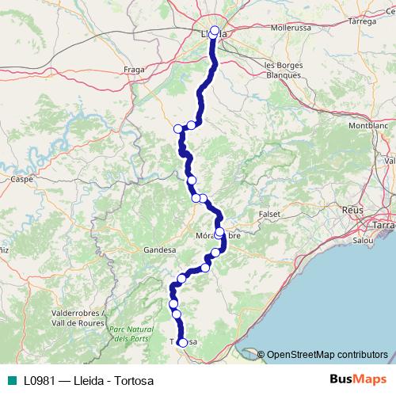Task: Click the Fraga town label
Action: (x=132, y=69)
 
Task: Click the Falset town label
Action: (x=270, y=215)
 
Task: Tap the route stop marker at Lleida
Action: (x=215, y=31)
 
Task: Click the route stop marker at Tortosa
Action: (x=183, y=343)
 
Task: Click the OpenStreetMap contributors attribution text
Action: (x=327, y=354)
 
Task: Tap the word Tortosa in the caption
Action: (x=135, y=380)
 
